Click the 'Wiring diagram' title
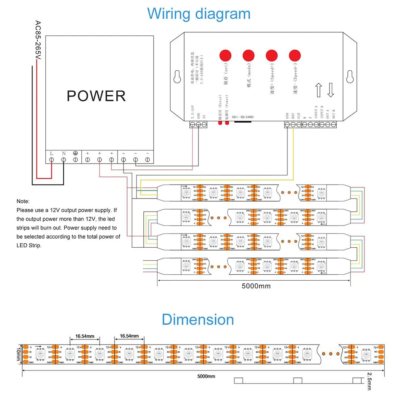coord(198,14)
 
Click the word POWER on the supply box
coord(96,96)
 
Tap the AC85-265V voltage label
coord(38,41)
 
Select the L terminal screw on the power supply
coord(52,160)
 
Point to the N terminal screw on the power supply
coord(64,160)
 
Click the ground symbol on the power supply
coord(75,153)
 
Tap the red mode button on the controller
coord(249,56)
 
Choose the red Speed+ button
coord(272,56)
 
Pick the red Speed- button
coord(295,56)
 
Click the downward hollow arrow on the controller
coord(331,90)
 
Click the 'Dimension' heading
coord(198,320)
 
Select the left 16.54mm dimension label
coord(85,337)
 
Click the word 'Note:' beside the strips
coord(23,202)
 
